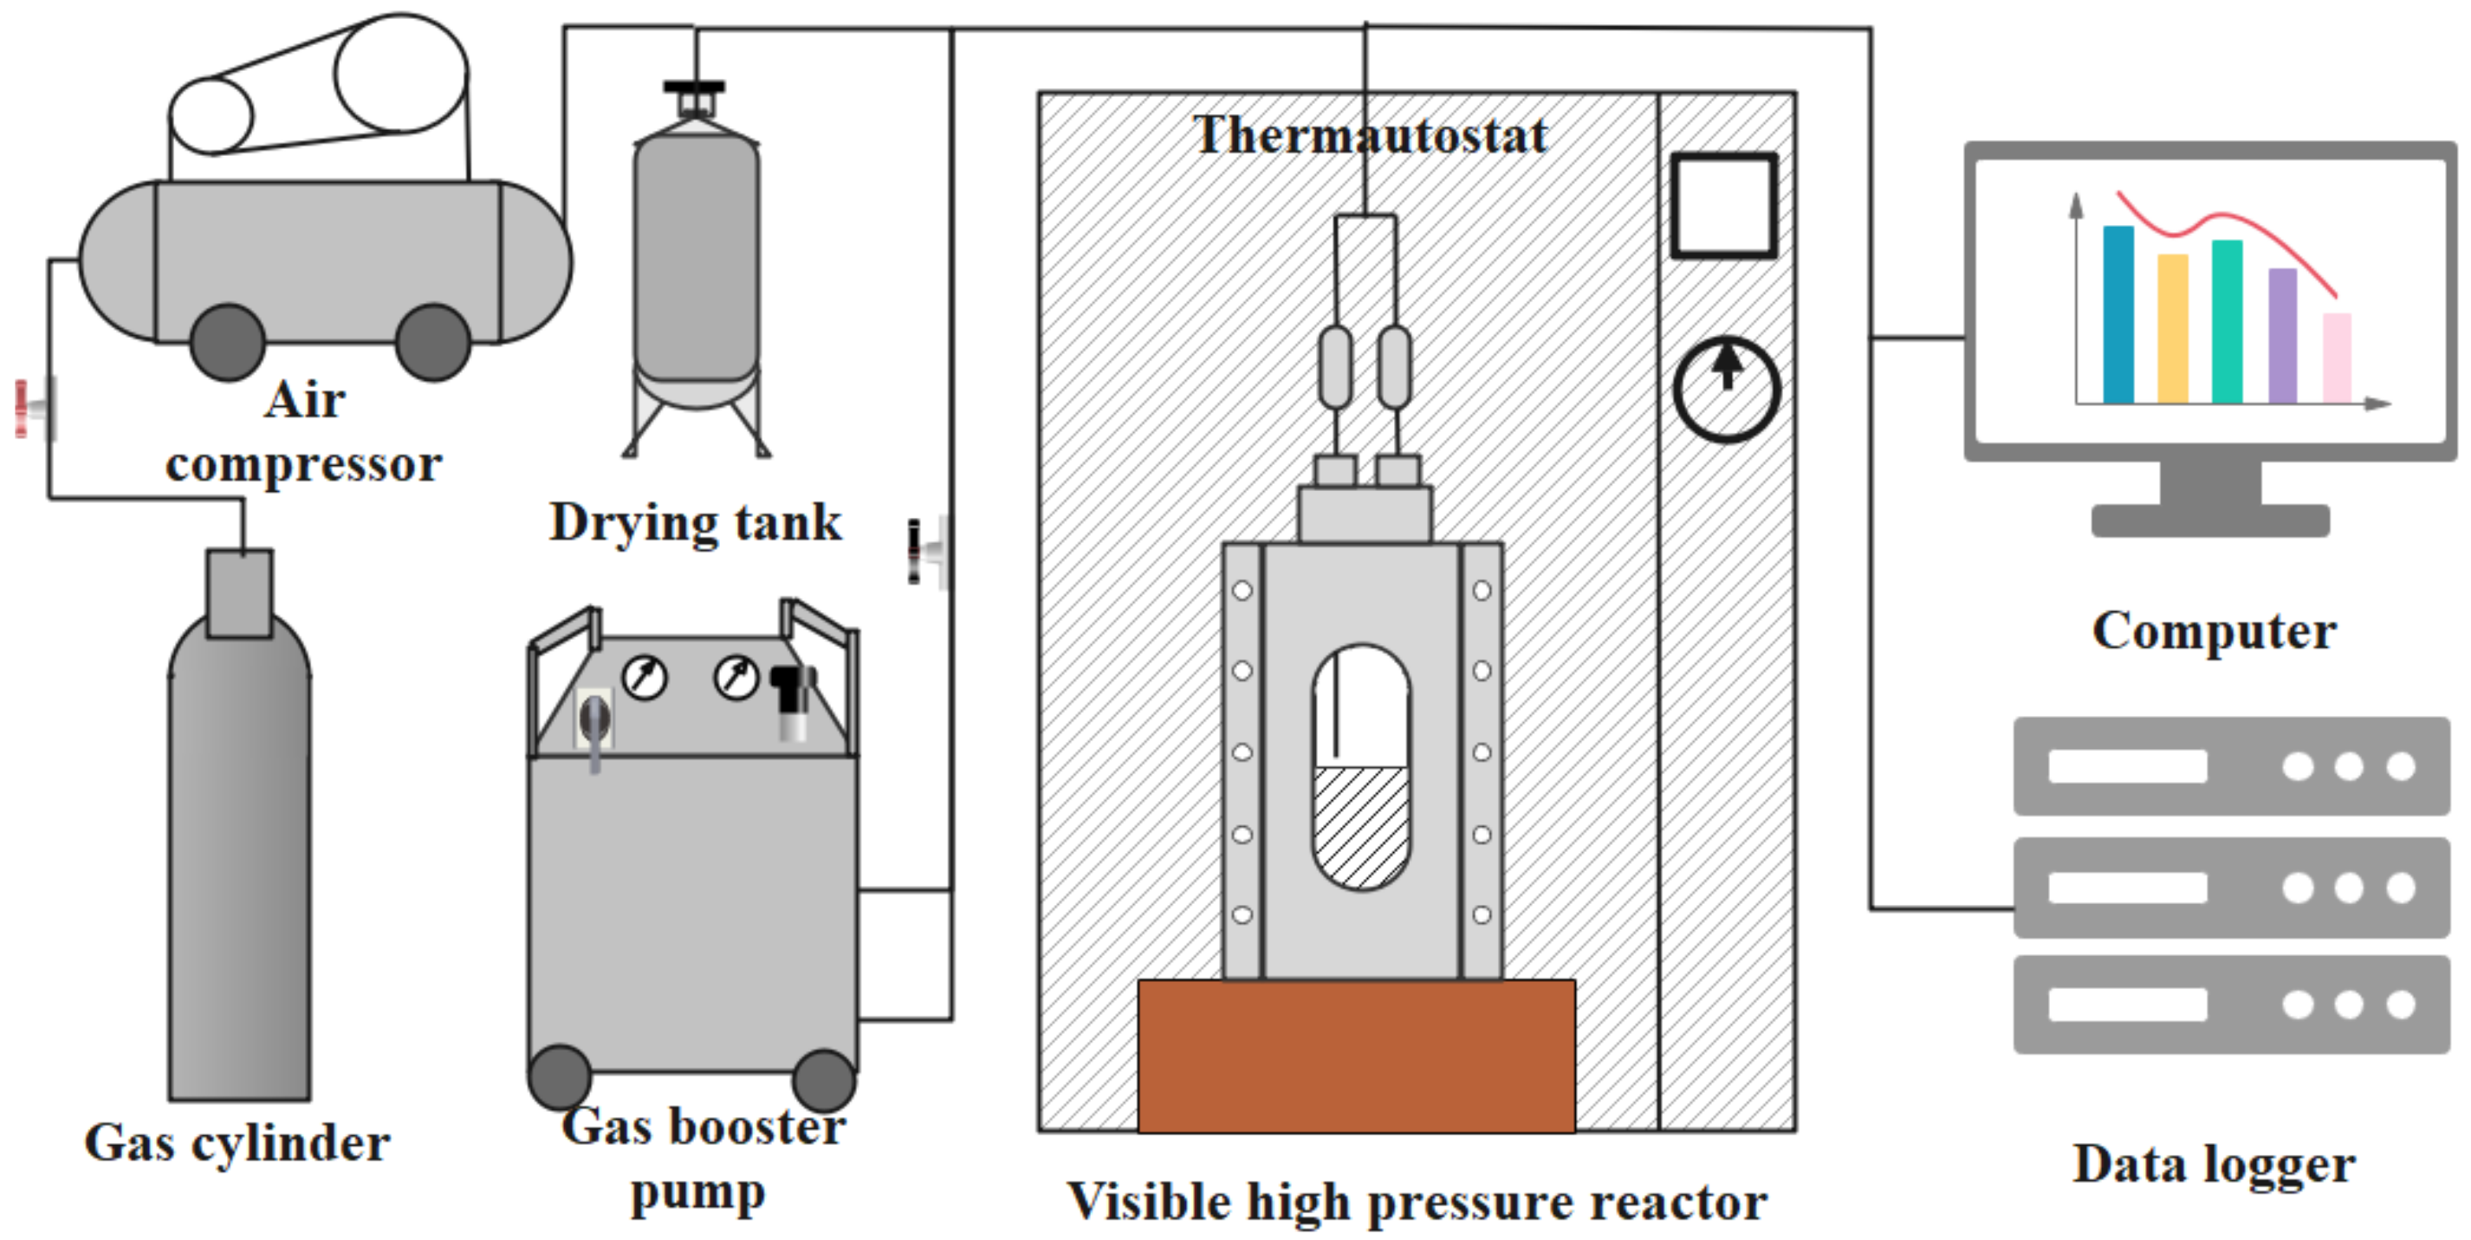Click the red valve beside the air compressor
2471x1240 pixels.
(34, 409)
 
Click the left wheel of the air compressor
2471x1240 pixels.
(227, 342)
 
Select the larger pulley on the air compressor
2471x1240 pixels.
(401, 73)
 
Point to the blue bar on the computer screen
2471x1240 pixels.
(2118, 314)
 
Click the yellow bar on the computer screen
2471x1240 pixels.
(2173, 328)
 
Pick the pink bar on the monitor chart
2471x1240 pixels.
(2337, 357)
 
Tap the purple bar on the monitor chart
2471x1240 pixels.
(2282, 335)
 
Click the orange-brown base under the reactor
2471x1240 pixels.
(1355, 1055)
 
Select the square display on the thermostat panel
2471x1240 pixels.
(1724, 205)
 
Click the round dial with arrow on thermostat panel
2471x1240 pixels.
(1727, 389)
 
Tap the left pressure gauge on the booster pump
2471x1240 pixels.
(645, 678)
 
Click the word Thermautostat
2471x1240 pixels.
(1369, 135)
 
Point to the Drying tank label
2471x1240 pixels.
(696, 523)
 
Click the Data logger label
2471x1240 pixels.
(2213, 1165)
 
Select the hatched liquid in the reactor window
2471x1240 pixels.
(1360, 824)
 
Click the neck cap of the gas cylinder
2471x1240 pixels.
(240, 592)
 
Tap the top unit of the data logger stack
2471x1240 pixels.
(2230, 766)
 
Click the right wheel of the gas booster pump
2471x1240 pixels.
(823, 1080)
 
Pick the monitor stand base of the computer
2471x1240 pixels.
(2210, 520)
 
